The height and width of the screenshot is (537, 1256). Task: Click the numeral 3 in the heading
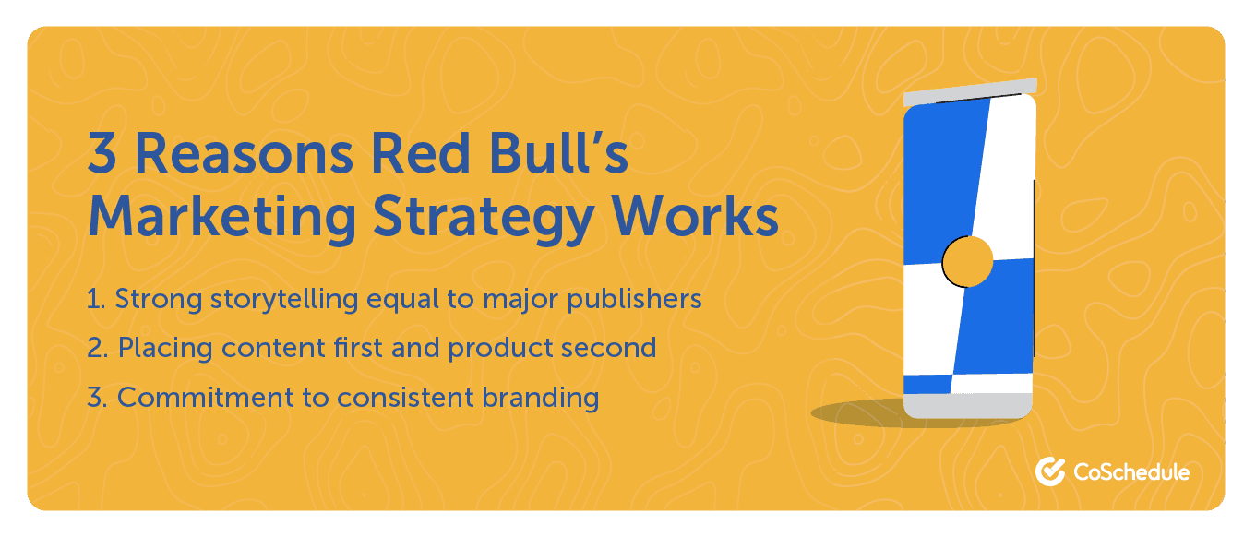102,152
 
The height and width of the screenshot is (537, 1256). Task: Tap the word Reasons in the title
244,153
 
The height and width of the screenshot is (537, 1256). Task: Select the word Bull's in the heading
559,151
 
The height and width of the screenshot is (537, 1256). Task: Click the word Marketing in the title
222,218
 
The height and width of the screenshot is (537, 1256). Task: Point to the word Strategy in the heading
484,219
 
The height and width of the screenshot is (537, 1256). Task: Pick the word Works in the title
695,216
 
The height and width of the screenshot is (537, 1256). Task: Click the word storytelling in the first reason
284,299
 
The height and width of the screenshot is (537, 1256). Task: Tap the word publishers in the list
634,299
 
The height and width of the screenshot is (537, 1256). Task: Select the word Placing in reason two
165,348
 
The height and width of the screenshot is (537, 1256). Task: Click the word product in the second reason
500,349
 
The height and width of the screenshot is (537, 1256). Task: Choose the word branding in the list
541,398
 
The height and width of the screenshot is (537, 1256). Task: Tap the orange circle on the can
967,262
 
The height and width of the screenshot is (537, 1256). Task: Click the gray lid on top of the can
970,92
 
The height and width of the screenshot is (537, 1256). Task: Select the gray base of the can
968,406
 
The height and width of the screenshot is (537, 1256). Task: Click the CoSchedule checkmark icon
1050,471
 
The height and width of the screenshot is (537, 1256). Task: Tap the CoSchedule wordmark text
1131,472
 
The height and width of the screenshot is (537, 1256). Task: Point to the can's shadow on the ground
864,413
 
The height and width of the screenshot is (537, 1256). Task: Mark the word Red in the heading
420,152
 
